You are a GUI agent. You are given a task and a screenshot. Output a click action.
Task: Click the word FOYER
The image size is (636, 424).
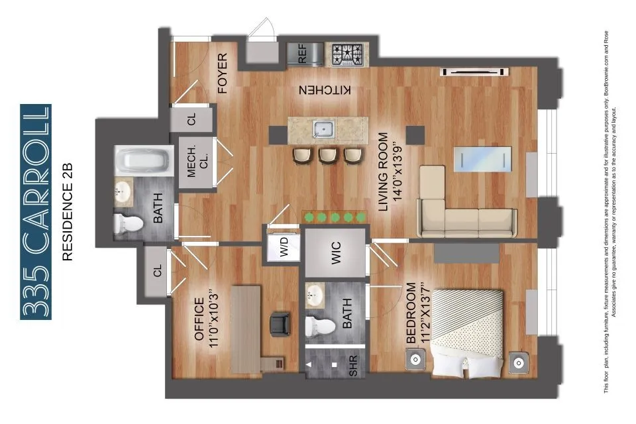tap(222, 73)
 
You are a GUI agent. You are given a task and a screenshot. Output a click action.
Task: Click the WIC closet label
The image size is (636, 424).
tap(335, 252)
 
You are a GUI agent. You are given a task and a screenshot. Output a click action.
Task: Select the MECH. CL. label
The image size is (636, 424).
tap(197, 164)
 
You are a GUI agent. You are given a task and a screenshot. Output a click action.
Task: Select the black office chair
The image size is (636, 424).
tap(281, 324)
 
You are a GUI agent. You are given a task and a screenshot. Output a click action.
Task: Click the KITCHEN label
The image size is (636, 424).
tap(325, 90)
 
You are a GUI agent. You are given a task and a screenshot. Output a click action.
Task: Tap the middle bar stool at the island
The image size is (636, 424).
tap(326, 155)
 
